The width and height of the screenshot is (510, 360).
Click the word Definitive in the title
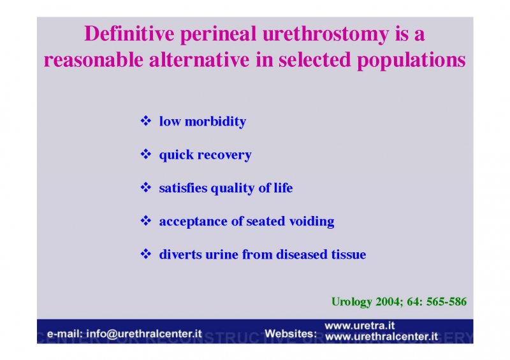[x=129, y=34]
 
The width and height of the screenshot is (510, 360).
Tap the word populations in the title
[x=411, y=61]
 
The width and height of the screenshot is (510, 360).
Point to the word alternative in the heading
[x=199, y=59]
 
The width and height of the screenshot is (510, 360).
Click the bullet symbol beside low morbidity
[x=146, y=120]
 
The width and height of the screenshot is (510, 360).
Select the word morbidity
[x=215, y=122]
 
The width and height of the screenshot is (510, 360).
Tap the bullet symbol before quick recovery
[x=146, y=154]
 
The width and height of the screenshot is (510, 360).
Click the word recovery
[x=224, y=155]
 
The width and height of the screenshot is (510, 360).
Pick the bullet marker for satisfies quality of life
[x=146, y=187]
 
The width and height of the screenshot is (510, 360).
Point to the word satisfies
[x=183, y=188]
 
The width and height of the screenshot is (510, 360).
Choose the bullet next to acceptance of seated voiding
[x=146, y=220]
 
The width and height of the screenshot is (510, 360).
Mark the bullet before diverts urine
[x=146, y=254]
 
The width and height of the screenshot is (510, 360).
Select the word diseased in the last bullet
[x=302, y=254]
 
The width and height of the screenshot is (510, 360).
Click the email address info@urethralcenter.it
[x=144, y=334]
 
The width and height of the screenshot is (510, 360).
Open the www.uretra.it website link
[x=360, y=326]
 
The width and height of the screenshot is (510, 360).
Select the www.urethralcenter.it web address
[x=381, y=336]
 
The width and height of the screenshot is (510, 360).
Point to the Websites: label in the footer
[x=291, y=334]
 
